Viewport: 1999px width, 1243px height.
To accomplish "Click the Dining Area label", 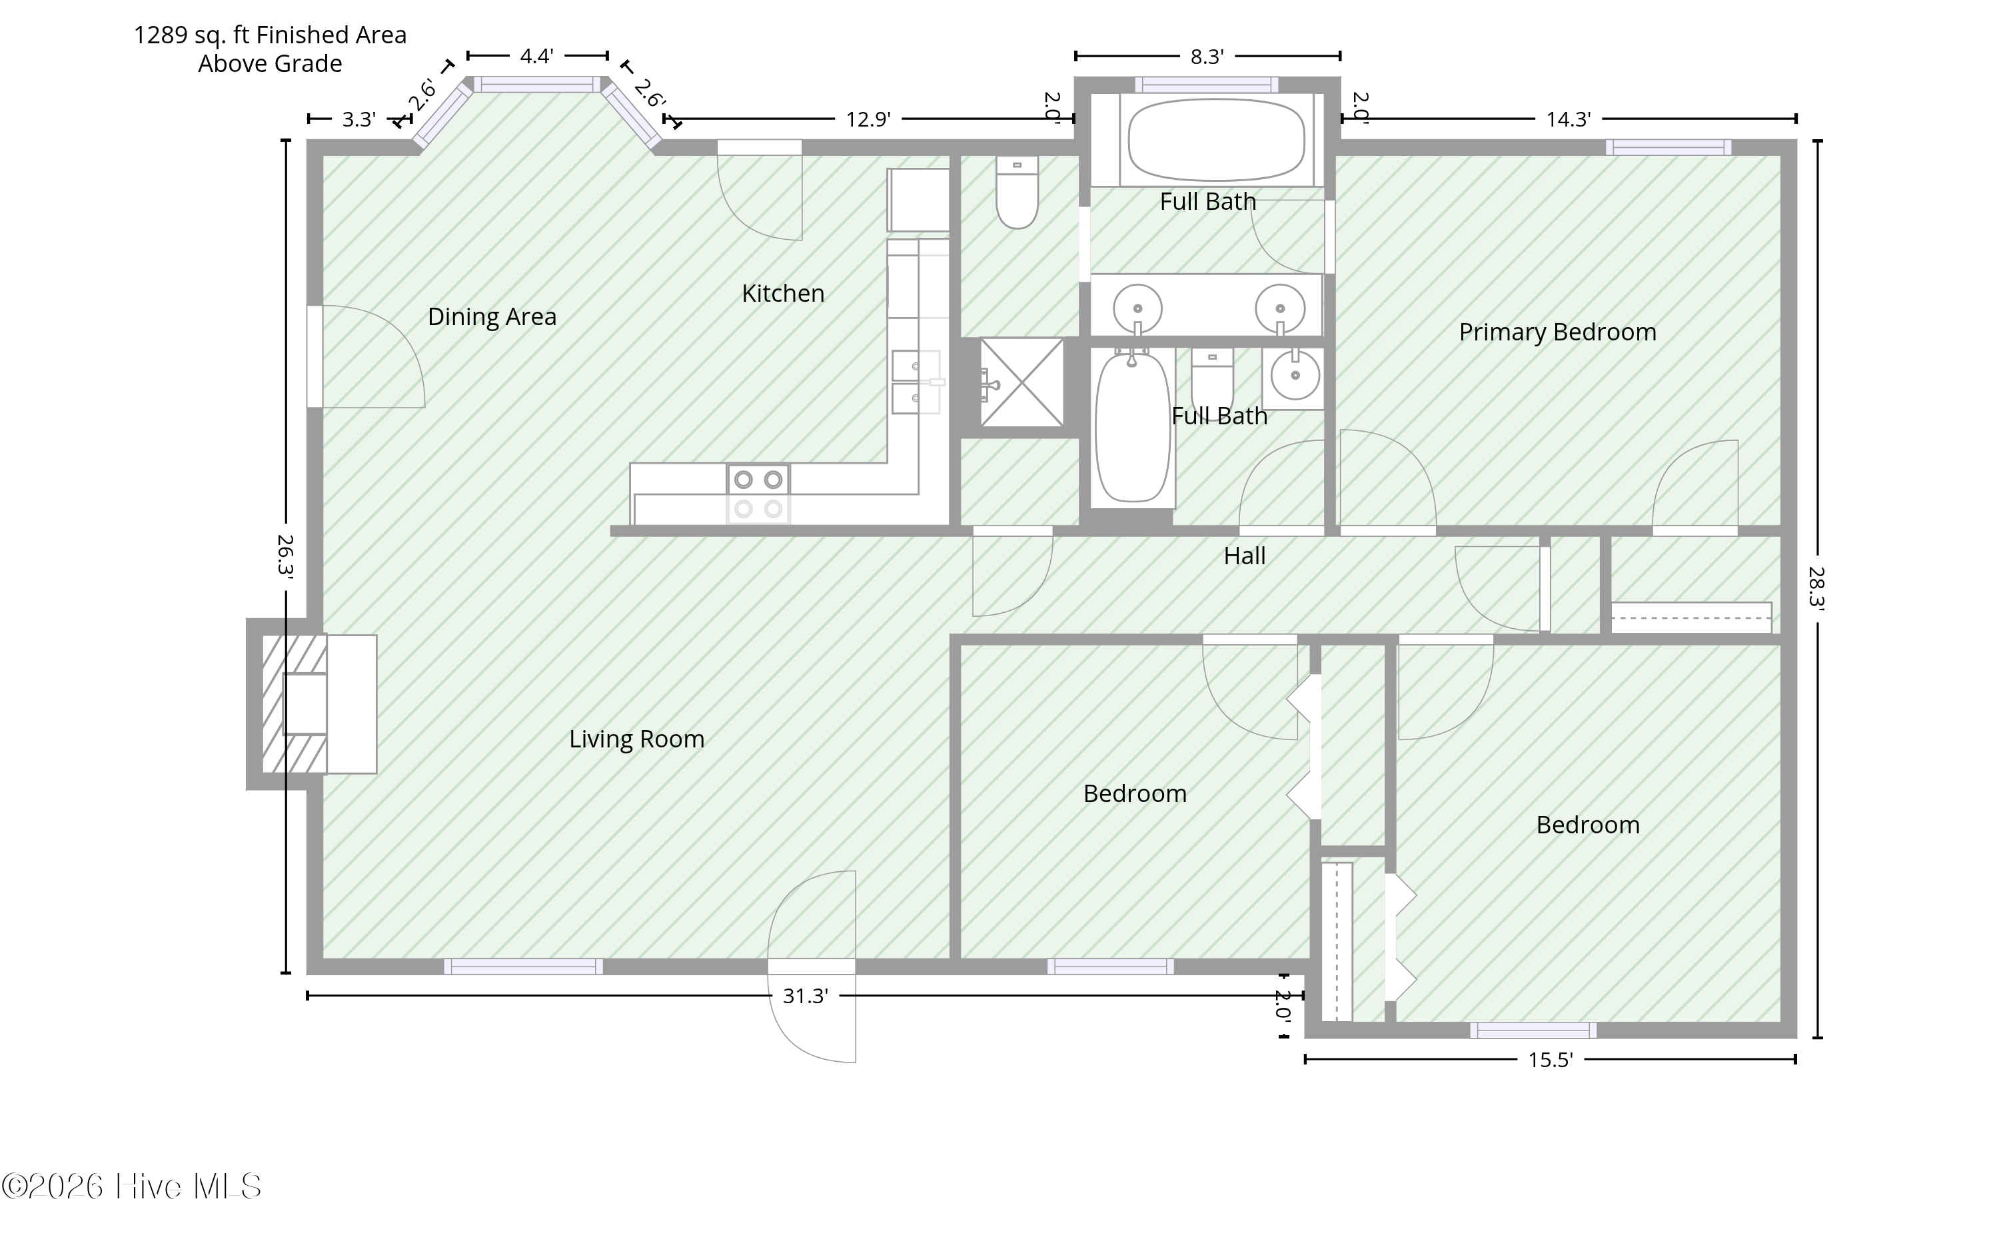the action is [x=492, y=317].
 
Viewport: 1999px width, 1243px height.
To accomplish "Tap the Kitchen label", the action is [x=783, y=294].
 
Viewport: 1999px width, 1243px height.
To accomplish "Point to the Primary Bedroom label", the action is [x=1557, y=332].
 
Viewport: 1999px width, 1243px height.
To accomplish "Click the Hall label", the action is [x=1244, y=556].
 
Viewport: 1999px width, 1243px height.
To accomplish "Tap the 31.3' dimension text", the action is [x=805, y=997].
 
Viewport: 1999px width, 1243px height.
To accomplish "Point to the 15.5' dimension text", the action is [x=1550, y=1060].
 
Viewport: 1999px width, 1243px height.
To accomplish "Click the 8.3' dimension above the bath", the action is [x=1207, y=57].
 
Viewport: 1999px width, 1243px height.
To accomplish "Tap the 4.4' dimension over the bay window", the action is [x=536, y=56].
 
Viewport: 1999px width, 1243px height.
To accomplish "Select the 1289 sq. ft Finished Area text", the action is [x=271, y=35].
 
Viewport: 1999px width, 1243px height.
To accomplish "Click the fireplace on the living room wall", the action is [x=313, y=703].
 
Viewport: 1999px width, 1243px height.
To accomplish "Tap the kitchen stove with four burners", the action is [x=758, y=494].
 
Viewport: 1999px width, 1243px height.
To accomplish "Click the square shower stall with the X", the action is [x=1021, y=382].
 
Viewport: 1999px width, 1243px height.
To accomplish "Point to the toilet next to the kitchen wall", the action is [x=1017, y=193].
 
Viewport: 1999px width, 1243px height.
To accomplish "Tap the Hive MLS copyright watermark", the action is [x=131, y=1186].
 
